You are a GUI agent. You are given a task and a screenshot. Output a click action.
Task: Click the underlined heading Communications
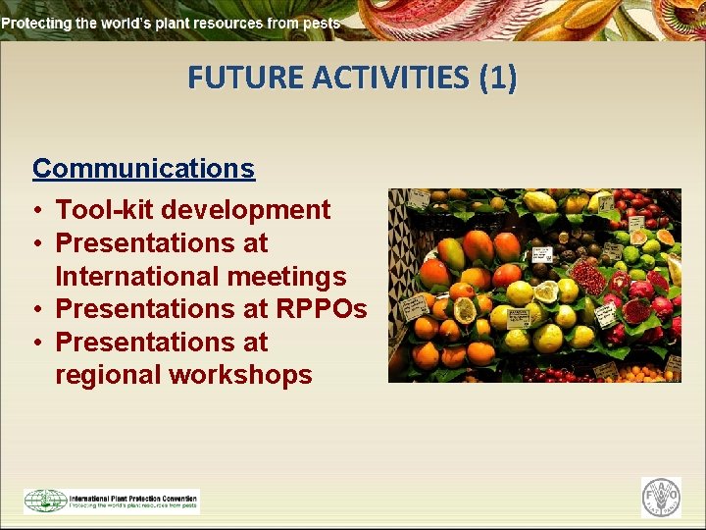pos(143,169)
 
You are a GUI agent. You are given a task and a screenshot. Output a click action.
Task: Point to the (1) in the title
pos(497,77)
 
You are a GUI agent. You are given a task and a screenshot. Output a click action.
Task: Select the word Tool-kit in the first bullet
pos(105,210)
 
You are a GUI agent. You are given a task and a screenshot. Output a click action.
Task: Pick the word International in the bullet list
pos(136,277)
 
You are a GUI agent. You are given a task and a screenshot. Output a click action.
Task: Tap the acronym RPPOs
pos(322,309)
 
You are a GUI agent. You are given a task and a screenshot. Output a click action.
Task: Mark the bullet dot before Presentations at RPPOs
pos(35,310)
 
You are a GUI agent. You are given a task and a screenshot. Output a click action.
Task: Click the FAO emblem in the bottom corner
pos(661,498)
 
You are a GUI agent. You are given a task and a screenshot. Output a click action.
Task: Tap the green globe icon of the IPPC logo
pos(45,501)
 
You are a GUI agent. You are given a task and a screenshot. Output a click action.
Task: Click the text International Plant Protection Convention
pos(132,497)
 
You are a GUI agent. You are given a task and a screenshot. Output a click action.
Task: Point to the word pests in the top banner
pos(322,22)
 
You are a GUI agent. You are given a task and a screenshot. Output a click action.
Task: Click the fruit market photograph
pos(534,285)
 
